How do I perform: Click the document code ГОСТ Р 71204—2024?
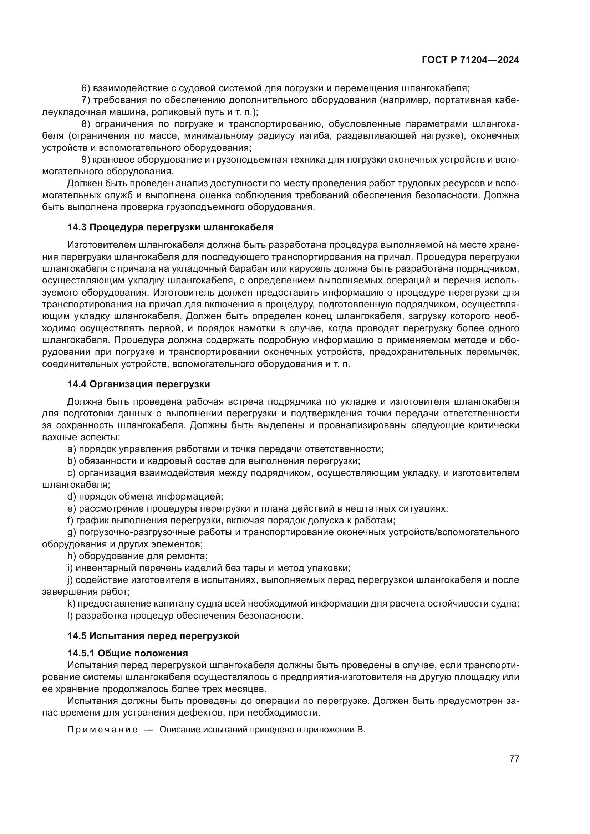[470, 60]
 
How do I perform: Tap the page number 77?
[514, 758]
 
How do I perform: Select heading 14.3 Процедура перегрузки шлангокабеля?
[170, 227]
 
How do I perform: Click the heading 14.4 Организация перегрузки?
[138, 384]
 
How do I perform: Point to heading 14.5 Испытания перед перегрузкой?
[153, 636]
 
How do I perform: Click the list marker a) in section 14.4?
[72, 449]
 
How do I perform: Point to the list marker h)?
[72, 556]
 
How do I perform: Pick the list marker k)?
[71, 604]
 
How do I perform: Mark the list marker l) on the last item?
[70, 616]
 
